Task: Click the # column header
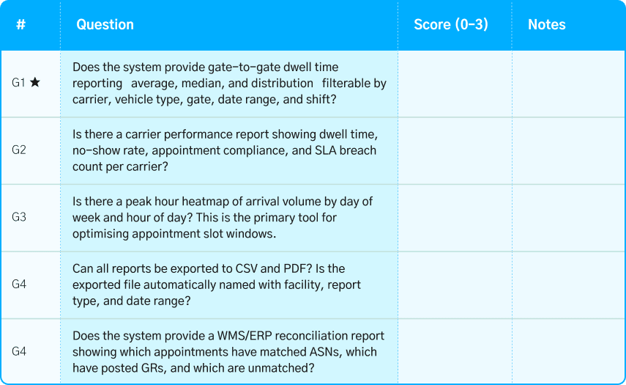pyautogui.click(x=21, y=24)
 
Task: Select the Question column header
pyautogui.click(x=105, y=24)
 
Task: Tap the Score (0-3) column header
pyautogui.click(x=450, y=24)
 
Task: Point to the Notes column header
pyautogui.click(x=546, y=24)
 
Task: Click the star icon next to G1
pyautogui.click(x=35, y=83)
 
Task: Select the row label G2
pyautogui.click(x=19, y=150)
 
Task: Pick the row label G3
pyautogui.click(x=19, y=218)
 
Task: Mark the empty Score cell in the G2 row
pyautogui.click(x=454, y=150)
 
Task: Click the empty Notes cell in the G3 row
pyautogui.click(x=568, y=218)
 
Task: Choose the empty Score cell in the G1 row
pyautogui.click(x=454, y=83)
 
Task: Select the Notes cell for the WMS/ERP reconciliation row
pyautogui.click(x=568, y=351)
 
